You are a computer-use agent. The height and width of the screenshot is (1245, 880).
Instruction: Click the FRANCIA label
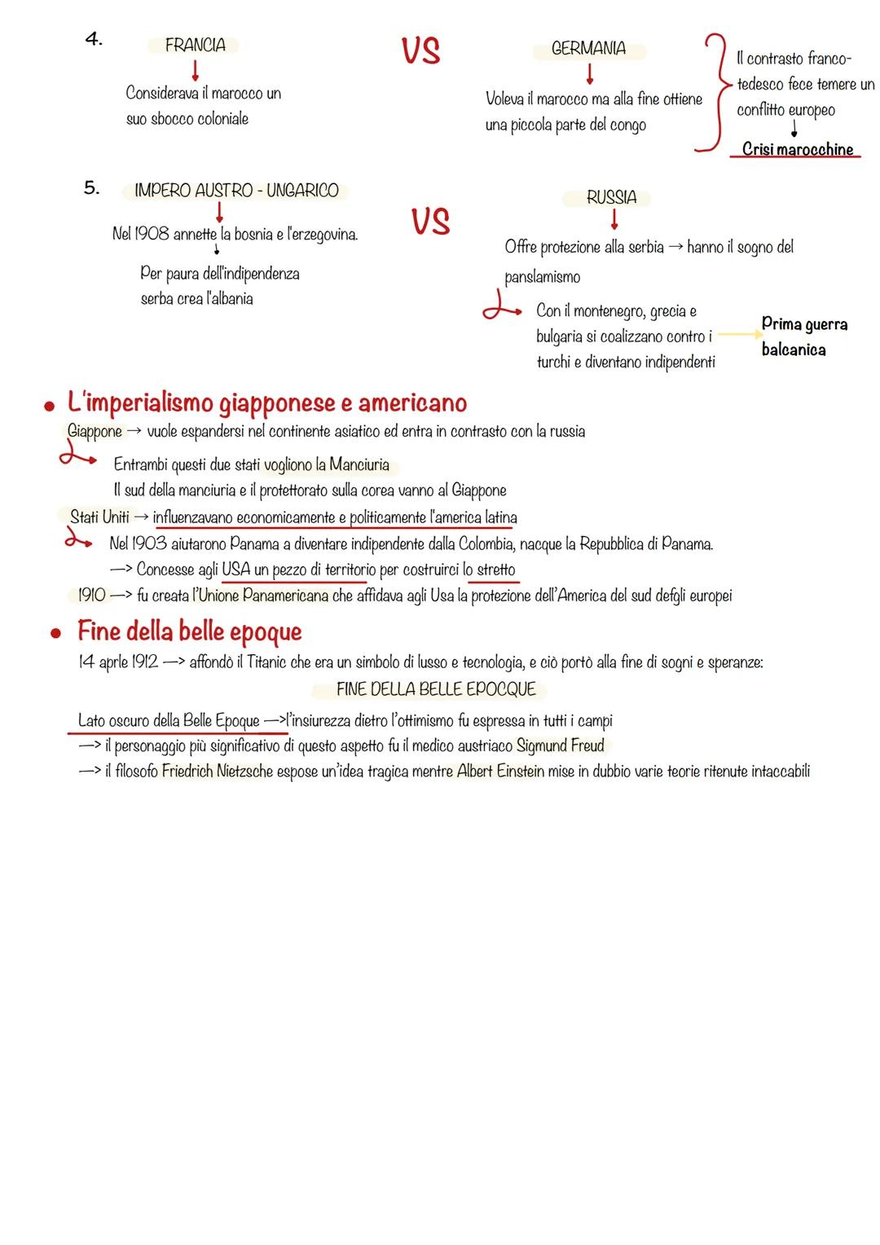[x=195, y=46]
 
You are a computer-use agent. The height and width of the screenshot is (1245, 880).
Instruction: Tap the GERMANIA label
[x=588, y=49]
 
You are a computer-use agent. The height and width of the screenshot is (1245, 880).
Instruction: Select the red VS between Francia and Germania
[x=420, y=51]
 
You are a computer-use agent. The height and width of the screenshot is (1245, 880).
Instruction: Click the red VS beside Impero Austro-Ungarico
[x=430, y=222]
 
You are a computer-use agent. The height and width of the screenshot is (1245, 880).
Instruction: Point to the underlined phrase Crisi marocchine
[x=797, y=149]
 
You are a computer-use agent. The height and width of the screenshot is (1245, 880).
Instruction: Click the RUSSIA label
[x=611, y=197]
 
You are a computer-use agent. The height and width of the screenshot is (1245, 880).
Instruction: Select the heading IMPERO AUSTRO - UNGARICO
[x=236, y=191]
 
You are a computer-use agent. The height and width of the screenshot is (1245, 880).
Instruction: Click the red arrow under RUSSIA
[x=614, y=219]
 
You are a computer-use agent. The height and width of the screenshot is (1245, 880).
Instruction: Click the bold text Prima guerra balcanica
[x=803, y=337]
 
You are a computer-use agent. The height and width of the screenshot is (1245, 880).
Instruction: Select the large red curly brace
[x=710, y=93]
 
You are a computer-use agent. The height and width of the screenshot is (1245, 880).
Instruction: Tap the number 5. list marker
[x=92, y=188]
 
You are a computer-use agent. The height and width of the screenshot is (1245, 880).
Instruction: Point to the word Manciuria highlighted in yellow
[x=359, y=465]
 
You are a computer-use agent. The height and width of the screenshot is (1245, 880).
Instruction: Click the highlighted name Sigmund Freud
[x=561, y=746]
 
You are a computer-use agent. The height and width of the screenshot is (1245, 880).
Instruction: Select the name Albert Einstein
[x=500, y=771]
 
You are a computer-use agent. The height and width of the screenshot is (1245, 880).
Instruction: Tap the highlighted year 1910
[x=91, y=596]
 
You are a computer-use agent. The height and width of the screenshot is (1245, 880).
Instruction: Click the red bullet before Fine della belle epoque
[x=55, y=633]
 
